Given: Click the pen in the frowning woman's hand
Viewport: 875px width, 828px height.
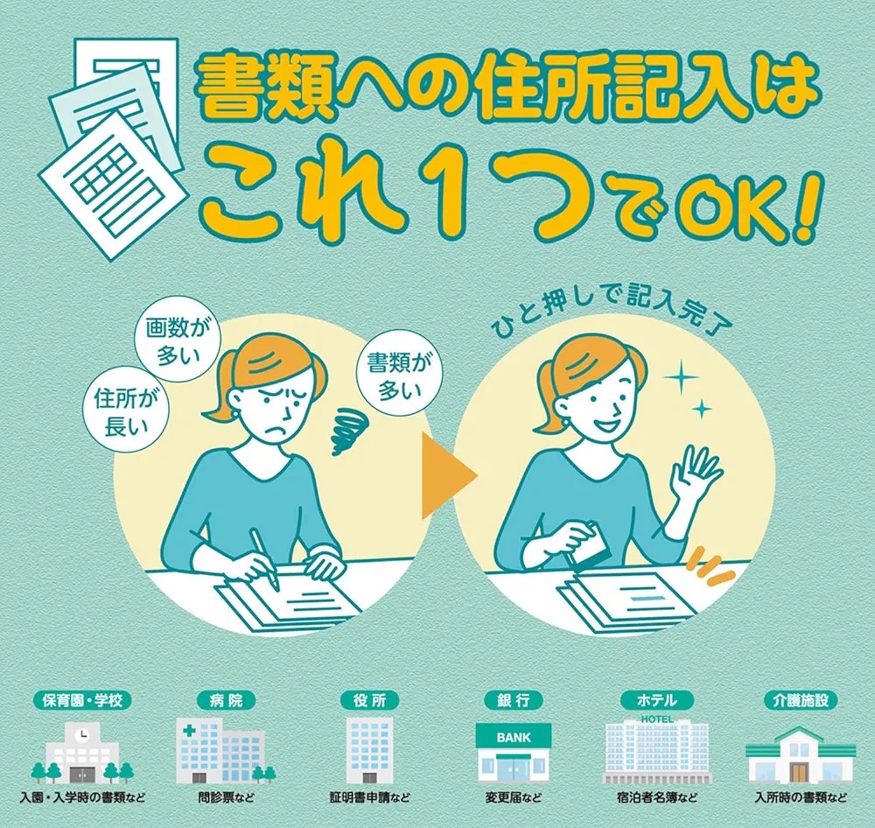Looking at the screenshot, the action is (264, 558).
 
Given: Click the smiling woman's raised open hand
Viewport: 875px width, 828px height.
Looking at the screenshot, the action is (696, 474).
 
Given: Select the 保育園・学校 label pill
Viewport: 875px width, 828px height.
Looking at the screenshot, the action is (82, 700).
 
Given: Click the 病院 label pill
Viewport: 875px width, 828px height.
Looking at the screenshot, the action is (226, 700).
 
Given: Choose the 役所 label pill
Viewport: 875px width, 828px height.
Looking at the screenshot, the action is (370, 700).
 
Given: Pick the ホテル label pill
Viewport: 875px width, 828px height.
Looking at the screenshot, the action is (657, 700).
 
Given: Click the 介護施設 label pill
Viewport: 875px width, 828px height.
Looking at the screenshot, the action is (801, 700).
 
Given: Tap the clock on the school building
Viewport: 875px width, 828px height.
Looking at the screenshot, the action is (83, 734).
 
